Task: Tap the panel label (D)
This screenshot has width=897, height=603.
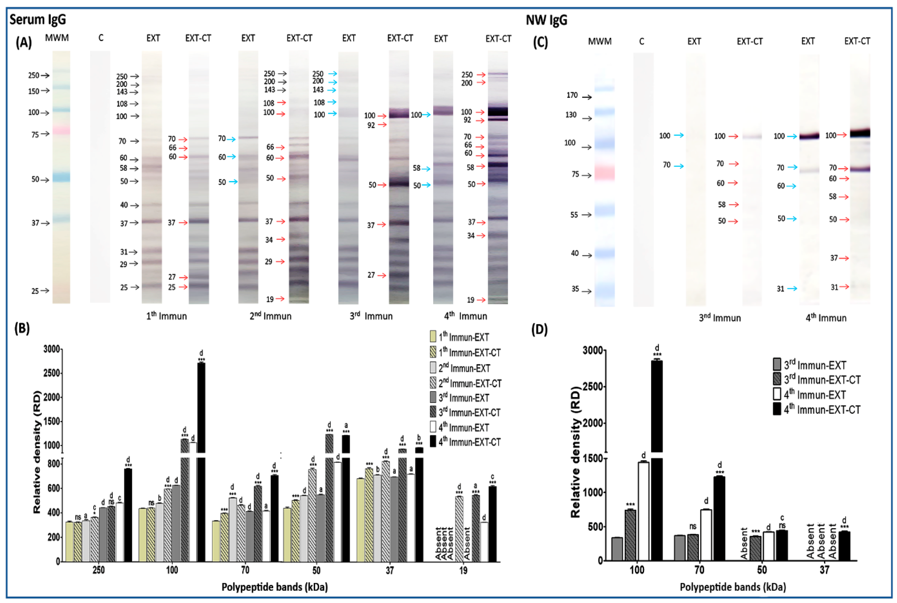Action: click(539, 330)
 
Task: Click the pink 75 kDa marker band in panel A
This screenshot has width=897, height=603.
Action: click(61, 130)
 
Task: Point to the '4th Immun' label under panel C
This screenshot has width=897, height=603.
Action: click(826, 318)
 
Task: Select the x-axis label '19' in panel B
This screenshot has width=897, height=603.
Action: click(463, 570)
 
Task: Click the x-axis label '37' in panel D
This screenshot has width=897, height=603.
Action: click(824, 570)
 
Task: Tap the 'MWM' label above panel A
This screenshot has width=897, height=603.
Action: click(57, 38)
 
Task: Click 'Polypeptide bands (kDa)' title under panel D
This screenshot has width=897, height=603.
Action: click(733, 587)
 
